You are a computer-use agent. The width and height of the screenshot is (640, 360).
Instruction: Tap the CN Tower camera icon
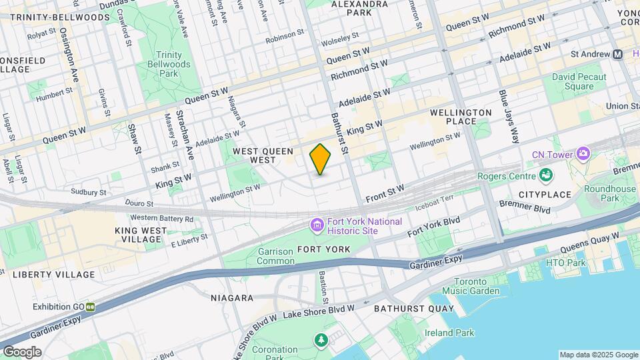(x=583, y=154)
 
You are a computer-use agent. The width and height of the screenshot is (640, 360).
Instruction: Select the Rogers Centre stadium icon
(x=547, y=176)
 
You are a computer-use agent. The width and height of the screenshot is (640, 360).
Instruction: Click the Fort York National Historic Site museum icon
(x=317, y=226)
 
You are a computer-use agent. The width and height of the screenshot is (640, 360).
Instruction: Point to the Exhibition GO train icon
(x=89, y=307)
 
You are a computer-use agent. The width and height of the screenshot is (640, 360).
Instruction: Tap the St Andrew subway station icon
(x=618, y=54)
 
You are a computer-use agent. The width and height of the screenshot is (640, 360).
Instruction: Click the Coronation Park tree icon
(x=321, y=341)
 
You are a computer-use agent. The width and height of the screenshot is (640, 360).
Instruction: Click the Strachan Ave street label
(x=184, y=133)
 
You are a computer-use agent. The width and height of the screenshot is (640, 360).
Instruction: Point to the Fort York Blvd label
(x=434, y=228)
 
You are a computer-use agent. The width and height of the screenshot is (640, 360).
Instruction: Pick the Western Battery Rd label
(x=161, y=219)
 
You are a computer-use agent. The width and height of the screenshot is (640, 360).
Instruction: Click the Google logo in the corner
(x=22, y=352)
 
